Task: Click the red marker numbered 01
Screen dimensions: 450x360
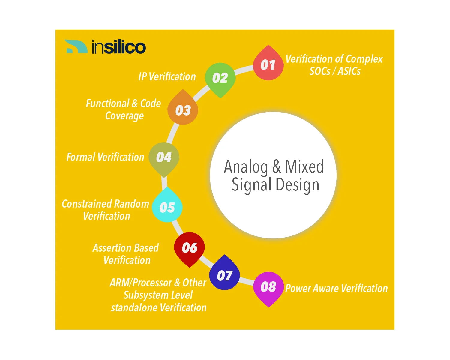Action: pyautogui.click(x=268, y=65)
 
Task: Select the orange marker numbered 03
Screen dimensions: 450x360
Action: pyautogui.click(x=183, y=110)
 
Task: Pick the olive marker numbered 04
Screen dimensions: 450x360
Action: pyautogui.click(x=164, y=157)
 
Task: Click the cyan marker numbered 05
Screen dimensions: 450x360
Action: pyautogui.click(x=167, y=207)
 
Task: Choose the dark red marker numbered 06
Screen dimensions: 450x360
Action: pyautogui.click(x=190, y=248)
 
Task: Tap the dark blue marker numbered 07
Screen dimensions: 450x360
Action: pyautogui.click(x=224, y=275)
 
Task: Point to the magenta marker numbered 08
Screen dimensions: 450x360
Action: pyautogui.click(x=268, y=287)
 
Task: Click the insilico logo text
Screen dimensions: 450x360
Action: pyautogui.click(x=119, y=47)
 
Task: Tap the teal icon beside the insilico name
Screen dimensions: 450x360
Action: pyautogui.click(x=76, y=46)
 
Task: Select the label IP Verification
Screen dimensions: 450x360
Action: pyautogui.click(x=167, y=77)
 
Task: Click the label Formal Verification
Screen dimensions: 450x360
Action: pyautogui.click(x=105, y=157)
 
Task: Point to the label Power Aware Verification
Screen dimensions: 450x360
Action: pyautogui.click(x=336, y=289)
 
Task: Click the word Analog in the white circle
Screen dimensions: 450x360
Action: pyautogui.click(x=246, y=167)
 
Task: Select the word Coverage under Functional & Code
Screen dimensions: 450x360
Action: pyautogui.click(x=124, y=116)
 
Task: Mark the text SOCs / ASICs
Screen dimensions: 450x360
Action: pyautogui.click(x=335, y=71)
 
